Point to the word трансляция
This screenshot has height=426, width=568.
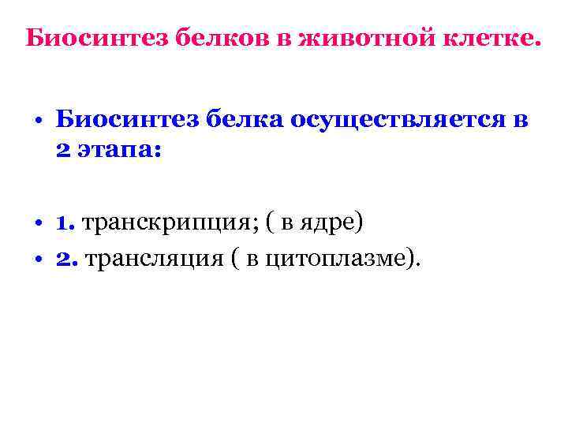coord(149,258)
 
